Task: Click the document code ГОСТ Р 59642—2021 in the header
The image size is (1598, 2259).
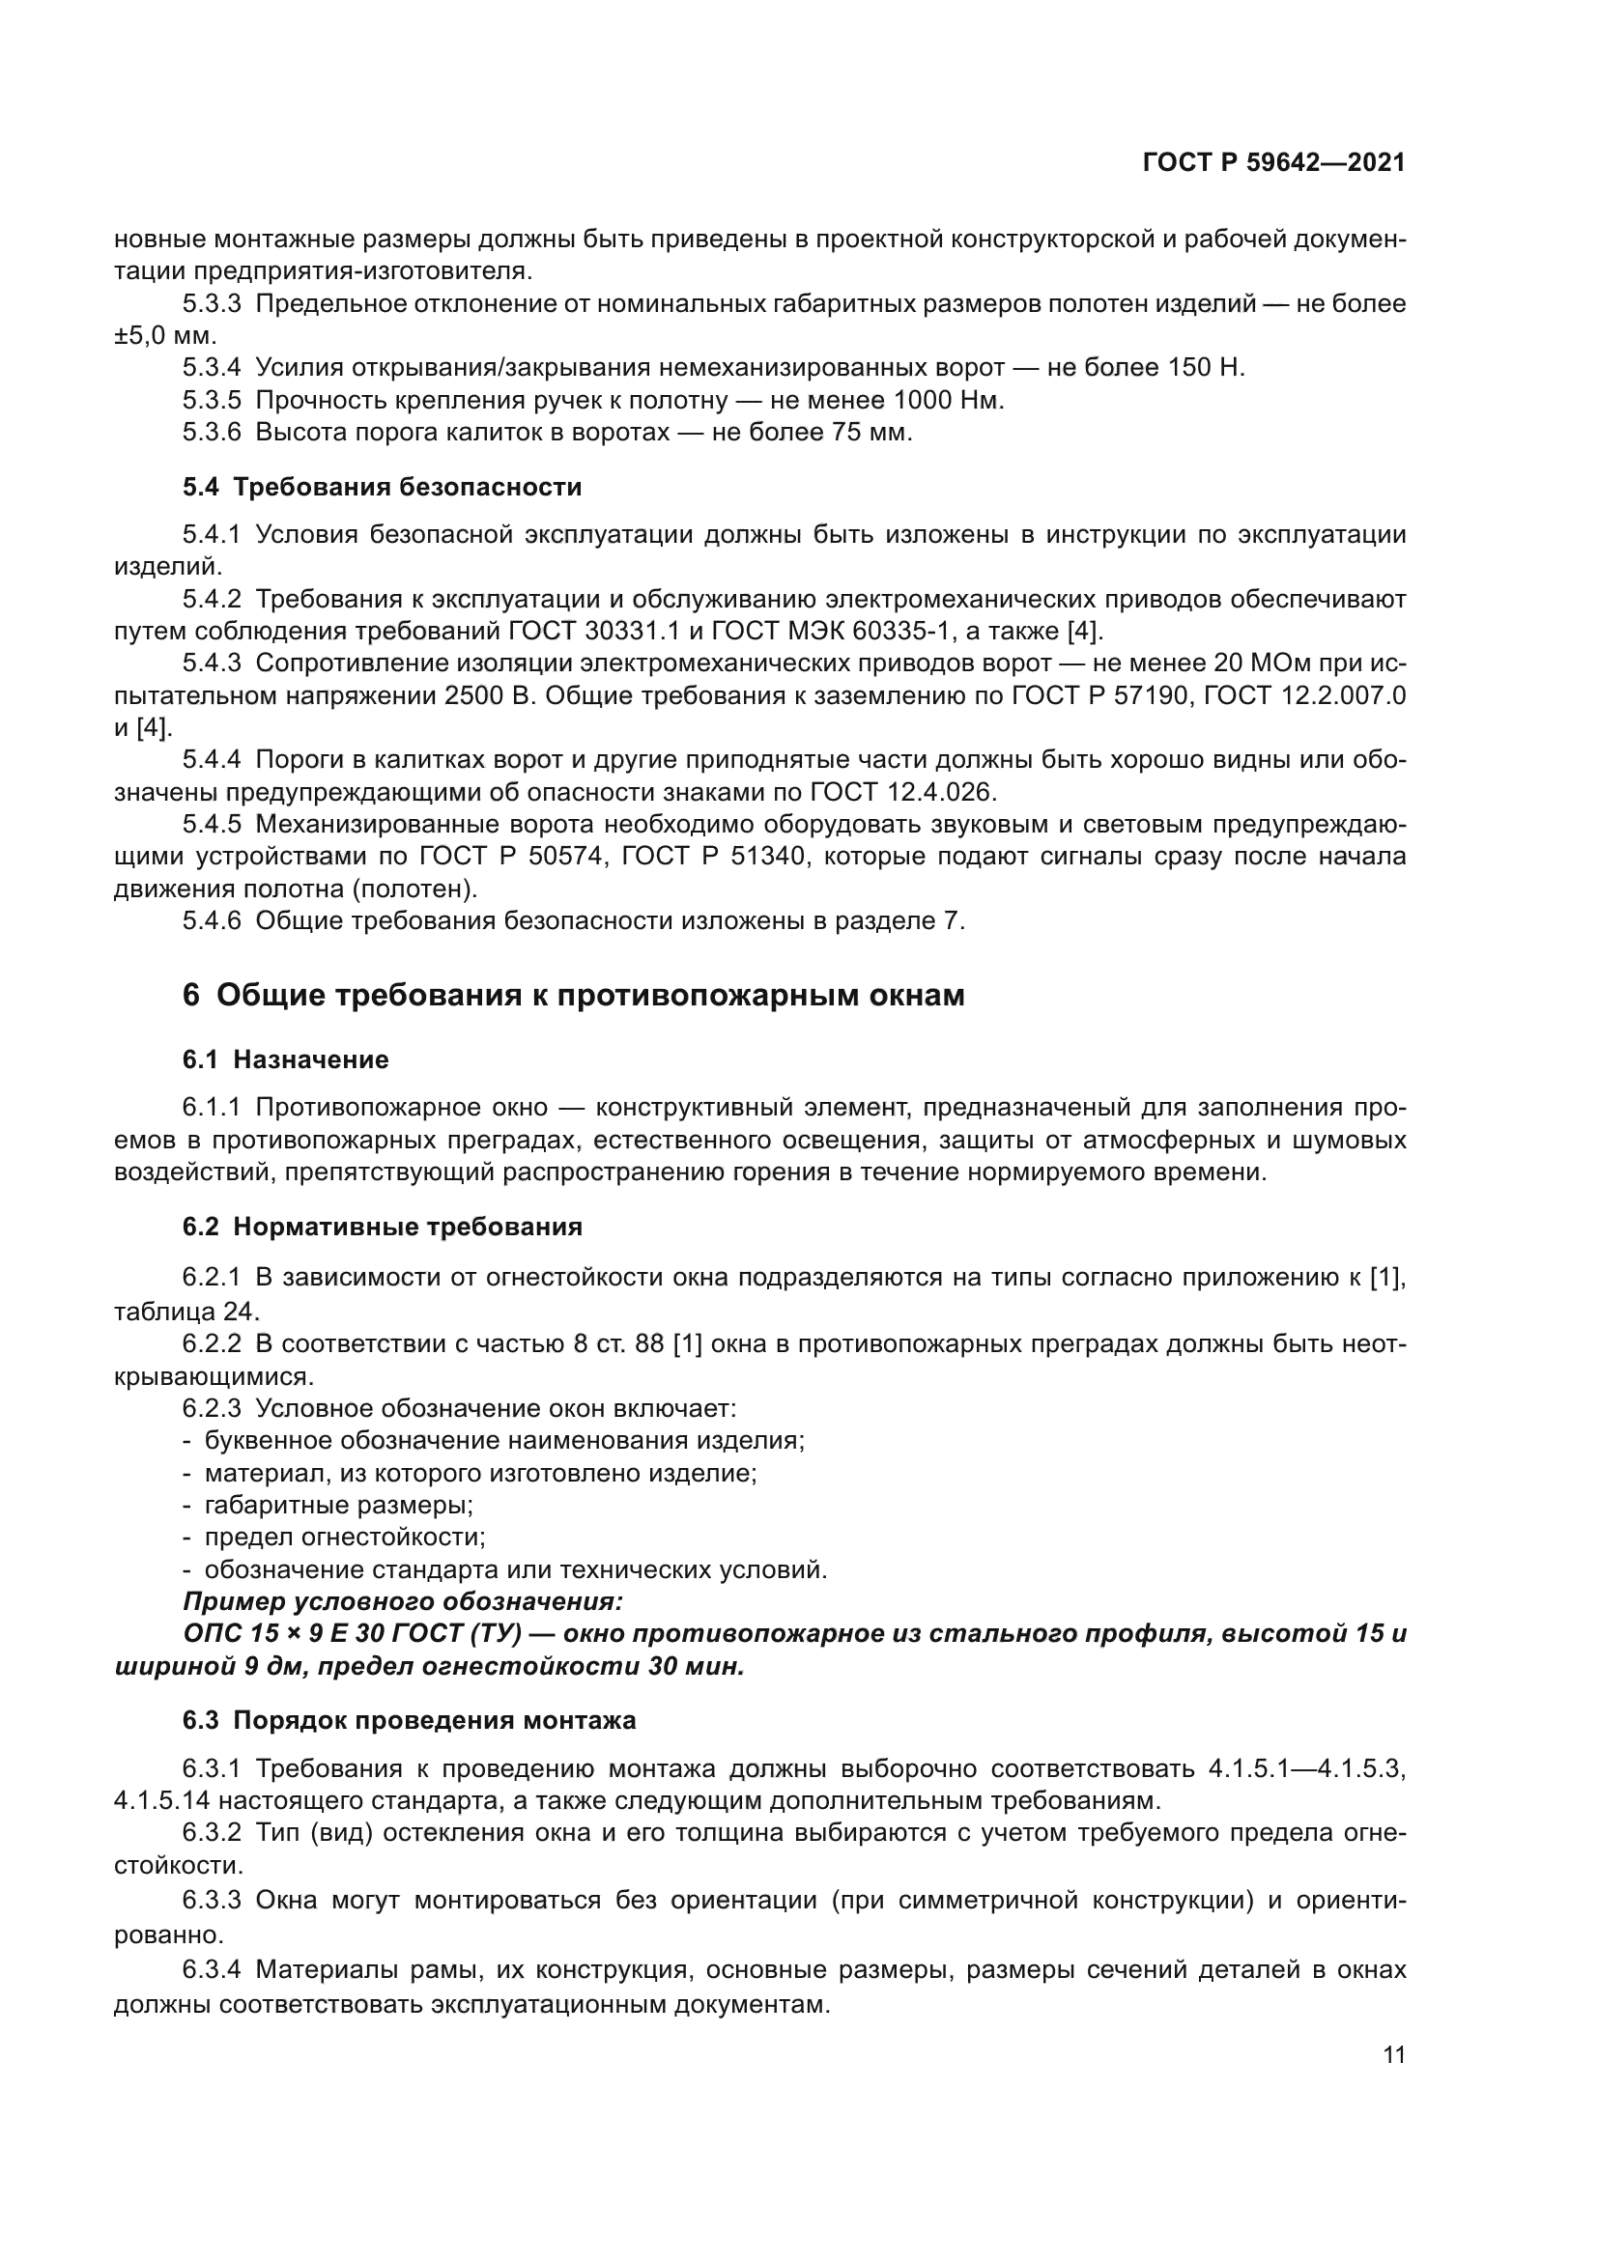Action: point(1273,162)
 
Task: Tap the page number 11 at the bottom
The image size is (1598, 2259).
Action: point(1393,2055)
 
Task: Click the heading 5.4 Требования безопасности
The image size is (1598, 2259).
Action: point(382,487)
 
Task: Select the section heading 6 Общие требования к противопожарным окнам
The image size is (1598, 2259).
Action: point(573,996)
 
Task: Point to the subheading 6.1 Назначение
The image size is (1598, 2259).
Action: point(285,1059)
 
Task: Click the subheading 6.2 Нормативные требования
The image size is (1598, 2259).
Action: point(382,1227)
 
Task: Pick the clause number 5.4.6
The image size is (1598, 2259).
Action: point(211,921)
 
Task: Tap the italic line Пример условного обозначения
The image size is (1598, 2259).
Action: point(403,1601)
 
